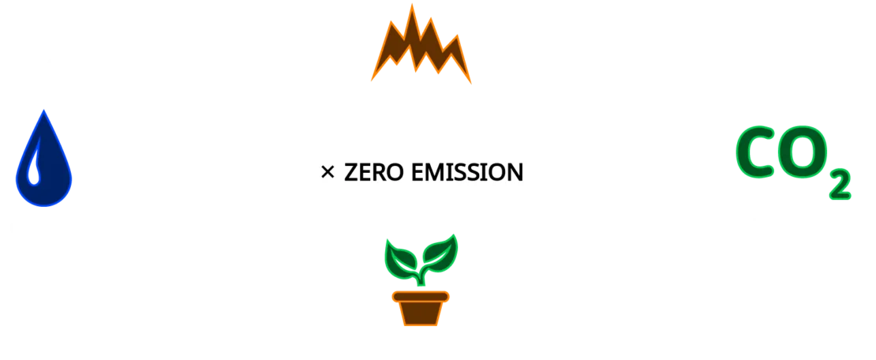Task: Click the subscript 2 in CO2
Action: point(841,186)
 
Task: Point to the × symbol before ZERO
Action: point(328,172)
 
